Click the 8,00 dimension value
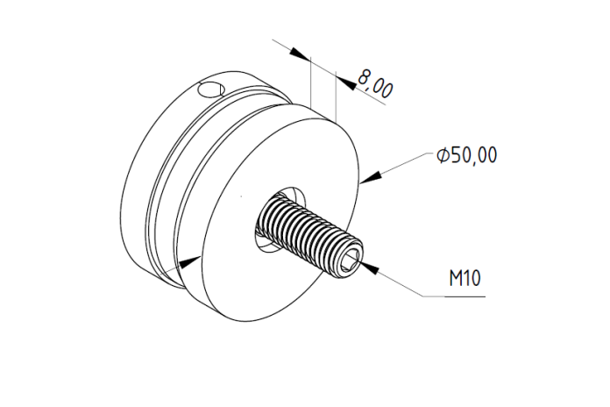(375, 84)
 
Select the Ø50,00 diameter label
(467, 155)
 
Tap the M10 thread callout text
(465, 278)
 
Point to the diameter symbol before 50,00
(443, 155)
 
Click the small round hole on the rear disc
(211, 90)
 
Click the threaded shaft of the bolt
(308, 232)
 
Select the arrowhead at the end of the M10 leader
(370, 268)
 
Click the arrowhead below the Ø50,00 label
(371, 176)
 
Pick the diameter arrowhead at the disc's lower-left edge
(190, 261)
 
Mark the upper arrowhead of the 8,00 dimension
(301, 54)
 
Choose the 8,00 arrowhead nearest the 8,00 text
(346, 83)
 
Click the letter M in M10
(456, 278)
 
